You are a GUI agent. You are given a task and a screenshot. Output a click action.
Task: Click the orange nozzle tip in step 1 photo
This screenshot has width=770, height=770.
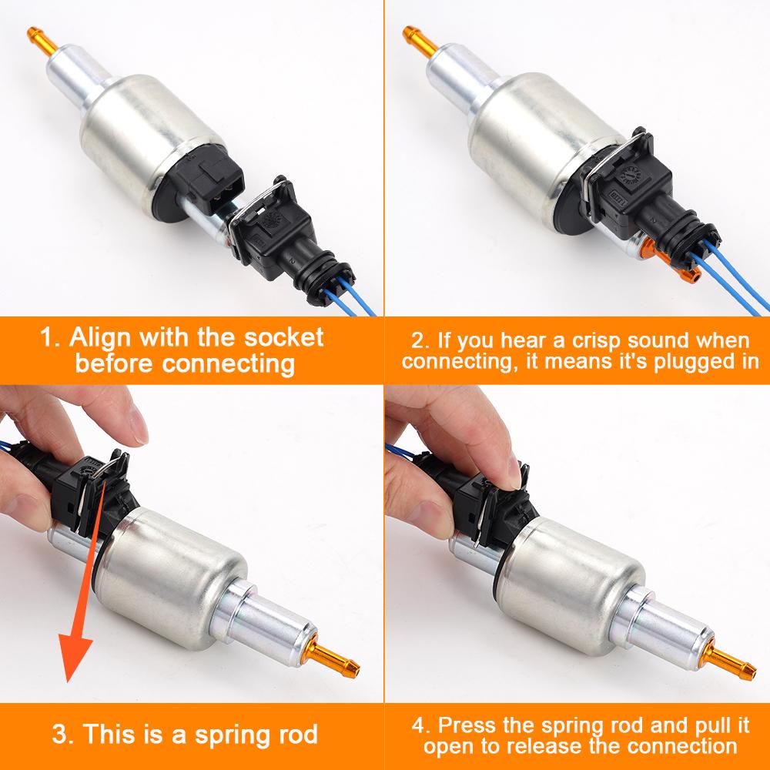tap(42, 41)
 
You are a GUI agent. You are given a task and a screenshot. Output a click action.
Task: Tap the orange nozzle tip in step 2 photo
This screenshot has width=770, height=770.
tap(420, 40)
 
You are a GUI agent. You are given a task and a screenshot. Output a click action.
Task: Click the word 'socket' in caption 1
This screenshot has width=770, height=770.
tap(284, 338)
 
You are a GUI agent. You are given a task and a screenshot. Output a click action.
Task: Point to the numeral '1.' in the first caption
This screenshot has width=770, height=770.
tap(51, 338)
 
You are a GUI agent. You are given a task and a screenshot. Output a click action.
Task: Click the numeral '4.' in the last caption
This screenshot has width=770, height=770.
tap(422, 726)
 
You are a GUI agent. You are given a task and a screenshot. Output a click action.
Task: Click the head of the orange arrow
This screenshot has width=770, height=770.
tap(74, 658)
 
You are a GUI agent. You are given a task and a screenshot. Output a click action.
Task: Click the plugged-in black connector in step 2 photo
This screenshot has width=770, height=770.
tap(648, 192)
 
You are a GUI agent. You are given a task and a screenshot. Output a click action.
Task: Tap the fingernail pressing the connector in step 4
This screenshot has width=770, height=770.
tap(513, 470)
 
